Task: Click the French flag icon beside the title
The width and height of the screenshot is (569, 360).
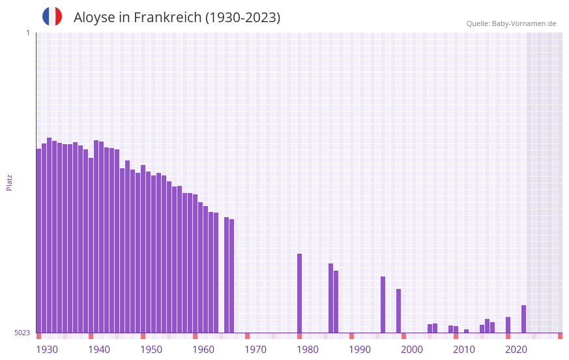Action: click(52, 16)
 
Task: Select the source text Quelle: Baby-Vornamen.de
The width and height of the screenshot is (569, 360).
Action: click(510, 23)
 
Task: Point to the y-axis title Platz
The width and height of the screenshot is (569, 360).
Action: click(9, 182)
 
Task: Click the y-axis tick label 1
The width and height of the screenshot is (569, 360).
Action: click(27, 33)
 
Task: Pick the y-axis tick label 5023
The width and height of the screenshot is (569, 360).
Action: click(22, 333)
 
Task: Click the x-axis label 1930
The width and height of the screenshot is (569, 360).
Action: click(47, 350)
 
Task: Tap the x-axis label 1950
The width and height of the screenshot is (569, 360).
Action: click(151, 350)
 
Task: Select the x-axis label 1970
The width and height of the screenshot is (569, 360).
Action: click(255, 350)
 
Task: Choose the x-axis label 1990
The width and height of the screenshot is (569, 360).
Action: click(360, 350)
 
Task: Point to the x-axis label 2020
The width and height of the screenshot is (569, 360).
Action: click(516, 350)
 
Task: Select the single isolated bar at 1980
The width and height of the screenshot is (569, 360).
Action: click(299, 293)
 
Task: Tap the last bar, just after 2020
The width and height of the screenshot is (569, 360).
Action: click(523, 319)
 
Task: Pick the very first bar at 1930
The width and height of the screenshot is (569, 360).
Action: click(38, 241)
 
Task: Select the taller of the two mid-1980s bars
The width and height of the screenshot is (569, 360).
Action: click(330, 298)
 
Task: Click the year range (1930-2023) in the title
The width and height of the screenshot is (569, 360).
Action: click(242, 18)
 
